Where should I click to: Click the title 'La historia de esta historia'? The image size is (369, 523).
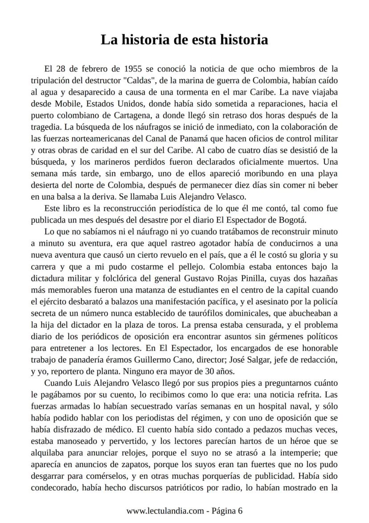[x=184, y=40]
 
